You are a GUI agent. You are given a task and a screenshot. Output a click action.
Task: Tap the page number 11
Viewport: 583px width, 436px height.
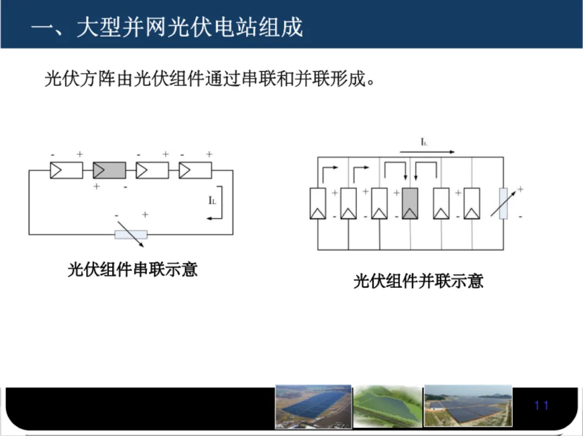tap(541, 405)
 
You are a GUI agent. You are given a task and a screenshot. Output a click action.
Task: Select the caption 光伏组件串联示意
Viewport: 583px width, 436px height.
tap(132, 269)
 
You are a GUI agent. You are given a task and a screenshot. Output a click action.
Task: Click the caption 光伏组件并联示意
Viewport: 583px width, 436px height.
tap(418, 280)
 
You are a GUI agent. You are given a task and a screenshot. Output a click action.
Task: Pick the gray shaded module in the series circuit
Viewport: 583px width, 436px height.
tap(110, 170)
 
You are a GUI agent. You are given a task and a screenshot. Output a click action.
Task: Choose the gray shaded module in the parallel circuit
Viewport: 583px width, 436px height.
tap(411, 203)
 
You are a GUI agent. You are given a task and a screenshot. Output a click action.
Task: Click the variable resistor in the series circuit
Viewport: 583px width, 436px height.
tap(131, 234)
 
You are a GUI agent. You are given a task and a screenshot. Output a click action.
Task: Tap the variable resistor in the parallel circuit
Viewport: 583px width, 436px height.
tap(503, 204)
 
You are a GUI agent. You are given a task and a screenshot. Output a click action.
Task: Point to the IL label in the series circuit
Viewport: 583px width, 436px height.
tap(212, 200)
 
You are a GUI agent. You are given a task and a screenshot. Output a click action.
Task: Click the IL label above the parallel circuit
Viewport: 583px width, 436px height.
tap(424, 142)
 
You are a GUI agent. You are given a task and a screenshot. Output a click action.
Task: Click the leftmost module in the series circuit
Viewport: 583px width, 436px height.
tap(66, 170)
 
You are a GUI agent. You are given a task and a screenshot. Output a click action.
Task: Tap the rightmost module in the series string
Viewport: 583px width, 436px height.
tap(195, 170)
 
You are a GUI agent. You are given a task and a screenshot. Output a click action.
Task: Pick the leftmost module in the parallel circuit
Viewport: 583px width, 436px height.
tap(318, 203)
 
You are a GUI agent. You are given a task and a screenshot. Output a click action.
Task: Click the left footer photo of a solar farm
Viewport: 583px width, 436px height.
tap(313, 407)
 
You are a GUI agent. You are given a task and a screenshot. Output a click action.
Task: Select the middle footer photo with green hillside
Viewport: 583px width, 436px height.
tap(388, 407)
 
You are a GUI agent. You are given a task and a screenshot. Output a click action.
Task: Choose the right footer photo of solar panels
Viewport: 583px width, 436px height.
tap(467, 407)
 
